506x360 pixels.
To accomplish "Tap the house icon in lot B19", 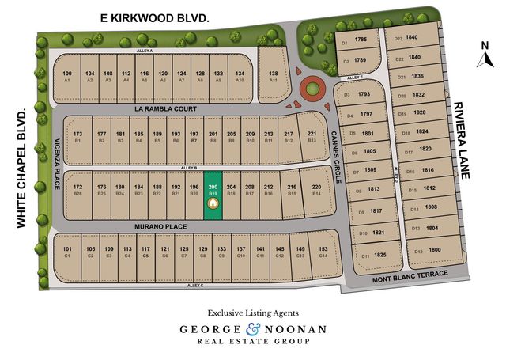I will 212,203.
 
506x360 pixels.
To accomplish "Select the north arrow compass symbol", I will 485,49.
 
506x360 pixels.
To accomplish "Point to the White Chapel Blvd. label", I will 21,165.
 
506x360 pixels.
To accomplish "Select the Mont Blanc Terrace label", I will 411,274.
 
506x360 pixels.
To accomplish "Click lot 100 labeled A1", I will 67,76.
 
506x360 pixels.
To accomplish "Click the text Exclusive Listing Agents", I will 253,312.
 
